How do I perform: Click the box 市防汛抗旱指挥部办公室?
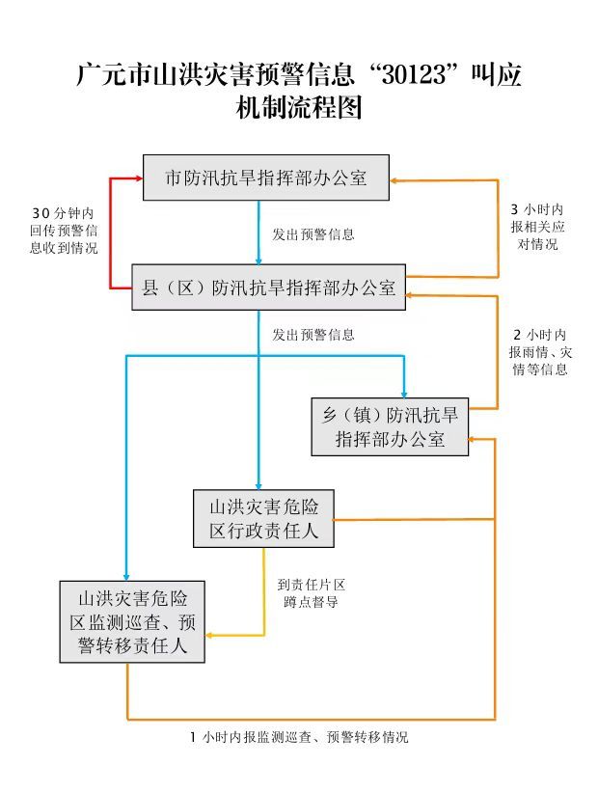pos(266,178)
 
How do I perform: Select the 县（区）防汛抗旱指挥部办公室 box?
pos(269,287)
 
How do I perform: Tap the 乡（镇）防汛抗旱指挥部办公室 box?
pos(390,426)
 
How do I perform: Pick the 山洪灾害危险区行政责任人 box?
pos(263,519)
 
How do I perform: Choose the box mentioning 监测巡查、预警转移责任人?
pos(132,620)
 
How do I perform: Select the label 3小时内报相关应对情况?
pos(536,227)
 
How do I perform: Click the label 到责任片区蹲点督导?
pos(311,593)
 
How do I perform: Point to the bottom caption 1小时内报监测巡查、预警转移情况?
pos(299,737)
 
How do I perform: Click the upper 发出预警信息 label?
pos(313,233)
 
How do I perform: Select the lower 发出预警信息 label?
pos(313,335)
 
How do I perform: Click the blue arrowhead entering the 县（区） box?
pos(258,259)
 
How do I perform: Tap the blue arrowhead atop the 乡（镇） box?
pos(403,391)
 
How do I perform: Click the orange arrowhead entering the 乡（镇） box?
pos(475,440)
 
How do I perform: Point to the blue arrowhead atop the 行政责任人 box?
pos(258,485)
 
